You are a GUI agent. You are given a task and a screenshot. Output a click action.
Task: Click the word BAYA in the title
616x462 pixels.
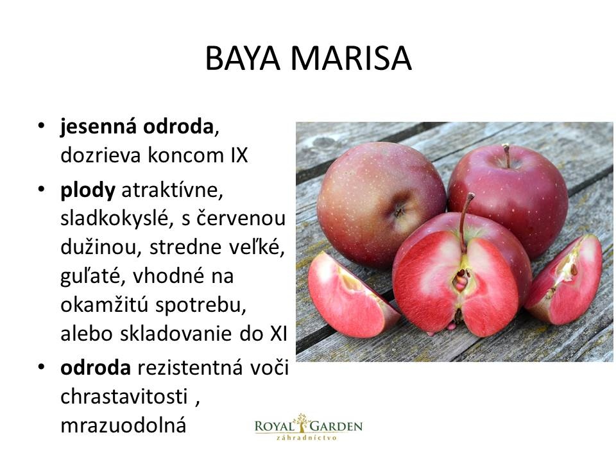(x=243, y=58)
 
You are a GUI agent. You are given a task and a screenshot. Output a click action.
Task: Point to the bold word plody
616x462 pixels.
(x=88, y=191)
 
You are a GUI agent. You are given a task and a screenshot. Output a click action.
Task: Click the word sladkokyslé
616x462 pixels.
(x=117, y=218)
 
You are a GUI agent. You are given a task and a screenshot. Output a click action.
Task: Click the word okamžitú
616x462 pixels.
(x=105, y=305)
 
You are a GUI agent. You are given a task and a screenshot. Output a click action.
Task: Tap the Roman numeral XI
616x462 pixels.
(x=278, y=334)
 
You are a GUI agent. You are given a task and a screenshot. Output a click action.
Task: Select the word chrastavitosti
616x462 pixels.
(x=124, y=397)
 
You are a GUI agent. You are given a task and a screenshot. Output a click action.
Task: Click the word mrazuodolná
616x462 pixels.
(x=123, y=425)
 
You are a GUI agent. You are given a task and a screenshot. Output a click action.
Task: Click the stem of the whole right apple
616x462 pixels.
(x=506, y=155)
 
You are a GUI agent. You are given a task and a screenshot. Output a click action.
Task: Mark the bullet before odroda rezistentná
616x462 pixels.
(x=41, y=367)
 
